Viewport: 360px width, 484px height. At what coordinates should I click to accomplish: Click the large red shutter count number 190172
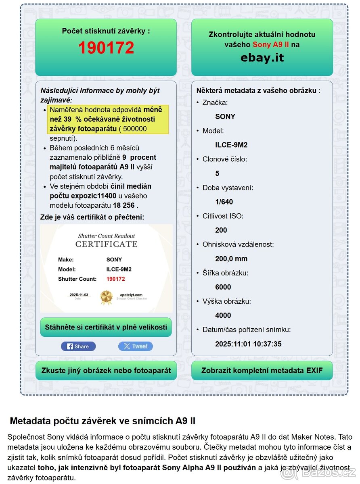click(106, 48)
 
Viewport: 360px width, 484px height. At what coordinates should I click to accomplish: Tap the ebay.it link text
click(262, 58)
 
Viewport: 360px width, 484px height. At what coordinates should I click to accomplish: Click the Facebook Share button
click(78, 346)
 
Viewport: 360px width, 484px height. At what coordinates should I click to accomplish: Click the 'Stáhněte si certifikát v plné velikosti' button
click(106, 327)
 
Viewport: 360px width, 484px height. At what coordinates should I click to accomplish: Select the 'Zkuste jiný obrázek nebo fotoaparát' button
click(106, 370)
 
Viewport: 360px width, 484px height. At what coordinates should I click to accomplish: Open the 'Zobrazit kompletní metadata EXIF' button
click(262, 370)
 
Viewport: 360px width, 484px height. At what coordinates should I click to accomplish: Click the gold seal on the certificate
click(106, 297)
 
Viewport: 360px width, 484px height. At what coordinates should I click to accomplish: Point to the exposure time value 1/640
click(224, 202)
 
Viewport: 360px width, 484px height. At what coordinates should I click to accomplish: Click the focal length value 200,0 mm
click(231, 259)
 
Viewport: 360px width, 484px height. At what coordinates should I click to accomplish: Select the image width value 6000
click(223, 287)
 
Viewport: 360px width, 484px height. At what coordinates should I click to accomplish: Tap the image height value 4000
click(223, 315)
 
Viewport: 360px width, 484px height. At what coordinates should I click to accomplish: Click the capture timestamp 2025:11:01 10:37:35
click(248, 344)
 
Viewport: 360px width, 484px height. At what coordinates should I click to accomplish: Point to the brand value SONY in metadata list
click(225, 117)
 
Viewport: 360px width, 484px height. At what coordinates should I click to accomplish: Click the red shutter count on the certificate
click(116, 279)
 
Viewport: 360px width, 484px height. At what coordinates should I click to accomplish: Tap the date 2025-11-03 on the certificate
click(79, 295)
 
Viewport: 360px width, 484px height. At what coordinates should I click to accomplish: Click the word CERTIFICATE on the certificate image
click(106, 244)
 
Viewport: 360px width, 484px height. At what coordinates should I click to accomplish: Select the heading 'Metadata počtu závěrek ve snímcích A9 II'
click(103, 421)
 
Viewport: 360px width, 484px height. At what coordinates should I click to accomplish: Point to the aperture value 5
click(217, 173)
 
